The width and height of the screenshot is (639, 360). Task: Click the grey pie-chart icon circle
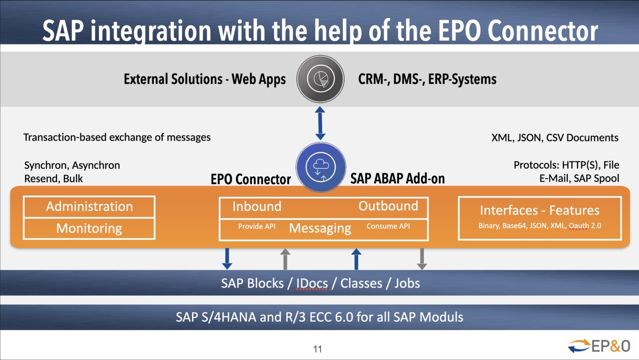tap(320, 79)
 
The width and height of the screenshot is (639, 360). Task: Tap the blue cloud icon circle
tap(320, 167)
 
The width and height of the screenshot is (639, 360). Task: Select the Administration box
tap(89, 207)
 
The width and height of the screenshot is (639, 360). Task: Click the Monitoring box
tap(89, 228)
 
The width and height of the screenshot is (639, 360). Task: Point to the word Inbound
tap(256, 206)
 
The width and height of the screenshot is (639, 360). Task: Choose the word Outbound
tap(388, 206)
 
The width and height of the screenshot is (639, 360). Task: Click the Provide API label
tap(256, 226)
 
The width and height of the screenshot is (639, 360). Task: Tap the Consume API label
tap(388, 226)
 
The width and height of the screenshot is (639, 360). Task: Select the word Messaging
tap(320, 228)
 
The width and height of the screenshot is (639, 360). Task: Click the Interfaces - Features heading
tap(539, 210)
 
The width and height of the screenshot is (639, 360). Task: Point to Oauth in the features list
tap(579, 226)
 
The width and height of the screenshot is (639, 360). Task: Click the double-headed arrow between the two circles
tap(320, 123)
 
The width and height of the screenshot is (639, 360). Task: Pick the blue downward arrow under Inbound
tap(227, 259)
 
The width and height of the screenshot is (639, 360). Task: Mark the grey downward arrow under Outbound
tap(422, 259)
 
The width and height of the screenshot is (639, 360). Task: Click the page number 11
tap(317, 349)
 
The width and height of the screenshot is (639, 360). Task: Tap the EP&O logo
tap(599, 346)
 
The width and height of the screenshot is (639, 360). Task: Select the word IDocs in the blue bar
tap(312, 283)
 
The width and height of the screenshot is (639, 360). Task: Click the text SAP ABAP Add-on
tap(397, 179)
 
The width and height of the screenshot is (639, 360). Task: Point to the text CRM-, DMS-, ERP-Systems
tap(427, 79)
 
